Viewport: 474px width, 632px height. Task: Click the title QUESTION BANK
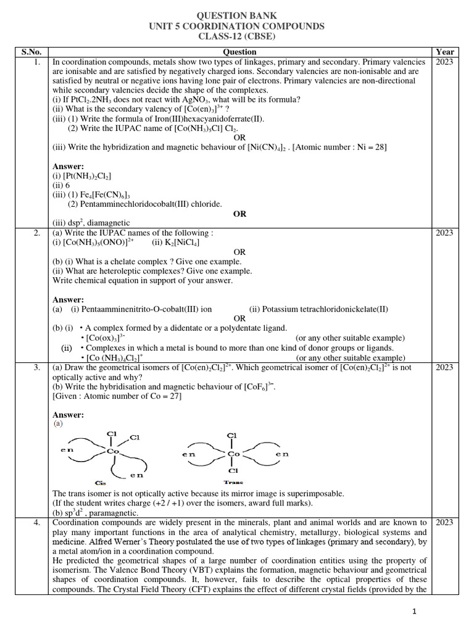[x=236, y=15]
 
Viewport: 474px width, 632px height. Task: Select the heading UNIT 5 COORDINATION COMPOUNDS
[x=236, y=26]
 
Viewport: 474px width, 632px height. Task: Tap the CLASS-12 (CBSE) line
[x=236, y=37]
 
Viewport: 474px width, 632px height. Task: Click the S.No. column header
[x=27, y=52]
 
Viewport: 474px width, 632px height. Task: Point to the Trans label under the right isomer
[x=233, y=482]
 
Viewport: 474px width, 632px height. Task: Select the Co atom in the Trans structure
[x=233, y=454]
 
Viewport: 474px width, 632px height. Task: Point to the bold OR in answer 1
[x=239, y=213]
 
